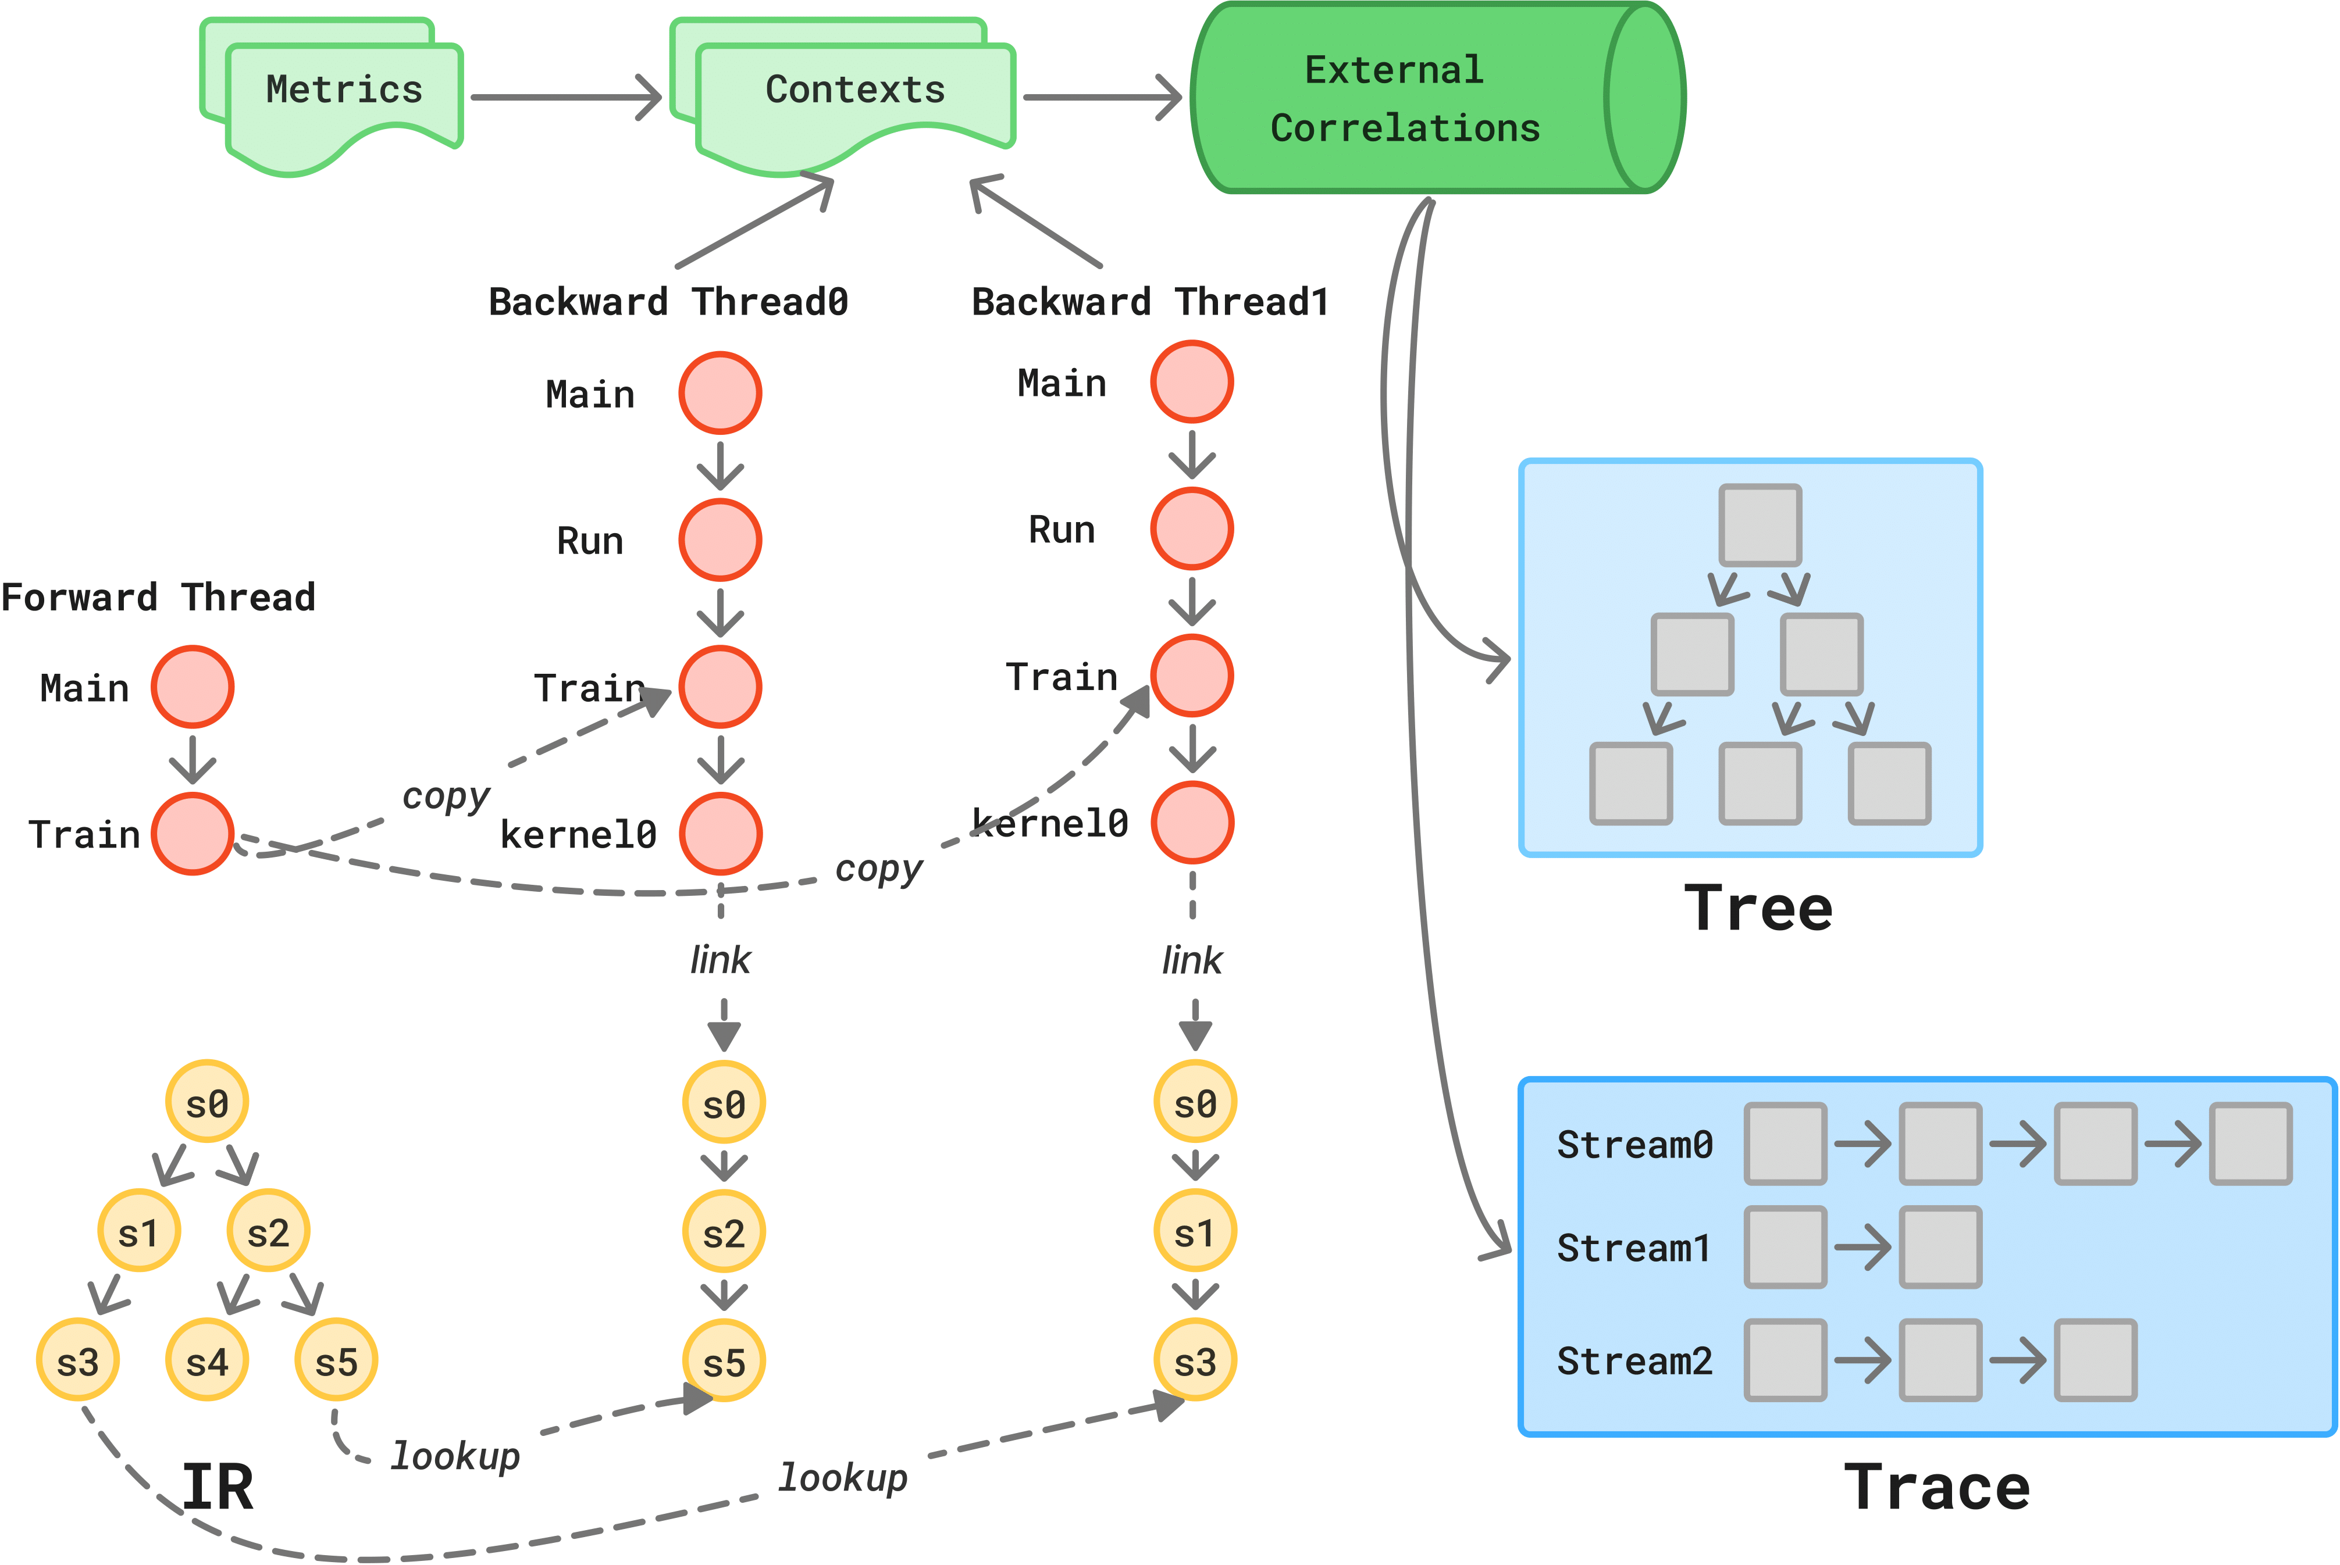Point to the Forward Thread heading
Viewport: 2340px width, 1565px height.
(x=158, y=597)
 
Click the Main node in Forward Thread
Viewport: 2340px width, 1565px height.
(x=193, y=687)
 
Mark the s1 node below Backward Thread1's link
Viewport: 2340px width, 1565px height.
(x=1195, y=1232)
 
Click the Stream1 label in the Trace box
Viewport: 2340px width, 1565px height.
(x=1633, y=1248)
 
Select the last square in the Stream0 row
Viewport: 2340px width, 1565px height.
(x=2250, y=1144)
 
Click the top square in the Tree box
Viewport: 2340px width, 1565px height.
(x=1760, y=525)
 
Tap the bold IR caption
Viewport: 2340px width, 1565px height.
(x=218, y=1487)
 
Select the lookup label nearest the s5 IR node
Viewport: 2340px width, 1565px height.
(x=455, y=1455)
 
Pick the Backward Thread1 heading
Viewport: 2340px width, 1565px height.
(x=1150, y=301)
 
